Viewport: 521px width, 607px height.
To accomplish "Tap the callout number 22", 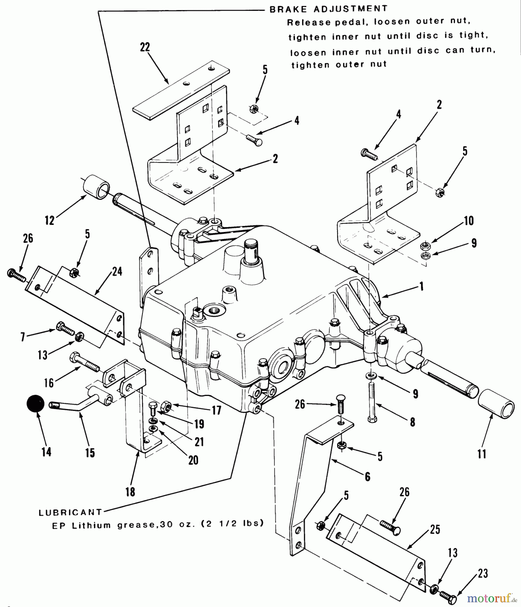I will [x=145, y=47].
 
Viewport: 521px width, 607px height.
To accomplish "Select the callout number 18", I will [x=130, y=492].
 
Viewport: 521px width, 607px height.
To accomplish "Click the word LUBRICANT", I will [x=70, y=513].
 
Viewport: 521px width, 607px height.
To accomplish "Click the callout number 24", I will [x=117, y=271].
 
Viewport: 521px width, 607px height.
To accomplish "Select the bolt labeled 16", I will [x=84, y=362].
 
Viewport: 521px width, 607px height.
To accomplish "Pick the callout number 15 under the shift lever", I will [x=90, y=453].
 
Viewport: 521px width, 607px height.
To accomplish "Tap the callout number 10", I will [x=469, y=221].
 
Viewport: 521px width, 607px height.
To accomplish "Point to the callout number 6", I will [x=367, y=476].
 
